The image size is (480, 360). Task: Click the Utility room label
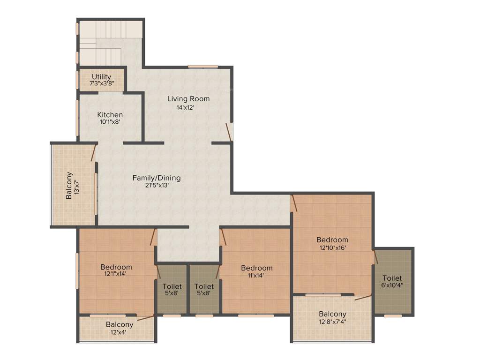101,77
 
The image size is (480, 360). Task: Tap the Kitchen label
110,115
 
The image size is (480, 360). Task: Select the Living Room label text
188,99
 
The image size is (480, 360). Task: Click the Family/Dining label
157,178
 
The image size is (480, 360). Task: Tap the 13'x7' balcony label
73,186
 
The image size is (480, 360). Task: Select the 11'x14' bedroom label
256,268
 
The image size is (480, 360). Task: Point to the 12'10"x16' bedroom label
332,240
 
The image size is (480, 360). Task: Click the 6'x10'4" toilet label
392,278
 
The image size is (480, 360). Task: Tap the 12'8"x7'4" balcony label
332,314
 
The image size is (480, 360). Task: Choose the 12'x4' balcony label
119,324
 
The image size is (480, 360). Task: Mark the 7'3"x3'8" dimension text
102,83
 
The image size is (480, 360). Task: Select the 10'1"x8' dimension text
110,122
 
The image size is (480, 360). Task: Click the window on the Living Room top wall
203,66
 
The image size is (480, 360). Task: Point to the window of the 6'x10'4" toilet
393,315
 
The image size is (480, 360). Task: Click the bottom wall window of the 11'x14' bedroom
255,315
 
